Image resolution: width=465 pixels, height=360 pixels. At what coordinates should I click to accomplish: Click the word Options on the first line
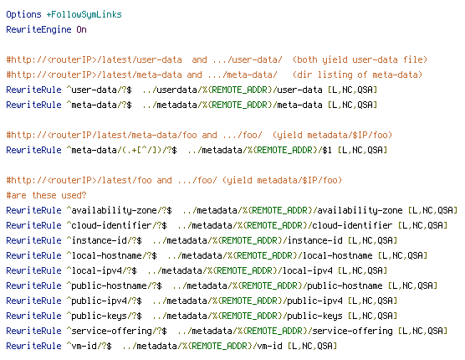point(23,15)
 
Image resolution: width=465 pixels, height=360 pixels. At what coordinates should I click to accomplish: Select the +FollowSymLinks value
point(84,15)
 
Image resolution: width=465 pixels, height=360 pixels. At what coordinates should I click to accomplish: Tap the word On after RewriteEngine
point(82,29)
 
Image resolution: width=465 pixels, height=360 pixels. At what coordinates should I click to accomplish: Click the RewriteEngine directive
point(38,30)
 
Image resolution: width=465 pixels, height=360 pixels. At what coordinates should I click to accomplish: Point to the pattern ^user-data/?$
point(99,90)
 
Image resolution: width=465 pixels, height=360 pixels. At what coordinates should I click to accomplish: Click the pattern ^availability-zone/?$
point(120,210)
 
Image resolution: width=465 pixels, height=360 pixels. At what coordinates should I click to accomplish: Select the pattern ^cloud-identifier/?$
point(116,225)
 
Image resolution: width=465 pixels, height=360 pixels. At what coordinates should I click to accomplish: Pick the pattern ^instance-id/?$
point(104,240)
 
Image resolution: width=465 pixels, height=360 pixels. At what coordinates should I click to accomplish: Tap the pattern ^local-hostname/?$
point(111,255)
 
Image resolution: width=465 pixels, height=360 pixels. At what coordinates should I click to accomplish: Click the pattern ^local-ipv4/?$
point(102,270)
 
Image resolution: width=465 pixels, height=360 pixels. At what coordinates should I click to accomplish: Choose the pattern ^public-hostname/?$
point(115,285)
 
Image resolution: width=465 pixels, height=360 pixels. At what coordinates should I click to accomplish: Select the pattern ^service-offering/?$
point(116,331)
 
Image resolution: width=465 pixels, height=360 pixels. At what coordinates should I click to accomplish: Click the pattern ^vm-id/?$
point(89,346)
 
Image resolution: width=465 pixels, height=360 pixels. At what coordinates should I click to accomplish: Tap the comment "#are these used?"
point(46,195)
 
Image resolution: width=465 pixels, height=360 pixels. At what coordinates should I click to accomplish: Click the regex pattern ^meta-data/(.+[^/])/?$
point(121,150)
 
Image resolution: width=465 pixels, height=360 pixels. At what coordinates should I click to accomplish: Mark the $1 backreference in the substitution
point(327,150)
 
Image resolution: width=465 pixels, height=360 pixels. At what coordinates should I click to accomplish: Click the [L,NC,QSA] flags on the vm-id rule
point(313,346)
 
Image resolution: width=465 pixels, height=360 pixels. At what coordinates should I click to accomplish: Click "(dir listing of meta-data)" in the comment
point(358,75)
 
